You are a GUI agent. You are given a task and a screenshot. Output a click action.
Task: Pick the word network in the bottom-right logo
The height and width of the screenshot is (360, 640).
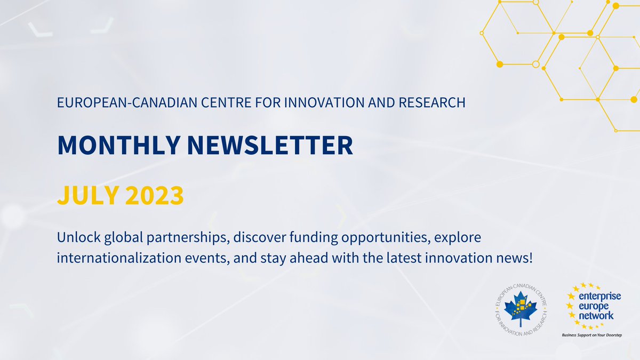pyautogui.click(x=596, y=316)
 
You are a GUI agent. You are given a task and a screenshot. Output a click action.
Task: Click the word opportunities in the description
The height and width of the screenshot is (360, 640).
pyautogui.click(x=390, y=236)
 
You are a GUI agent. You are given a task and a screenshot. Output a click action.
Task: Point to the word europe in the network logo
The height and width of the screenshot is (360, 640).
pyautogui.click(x=594, y=307)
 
